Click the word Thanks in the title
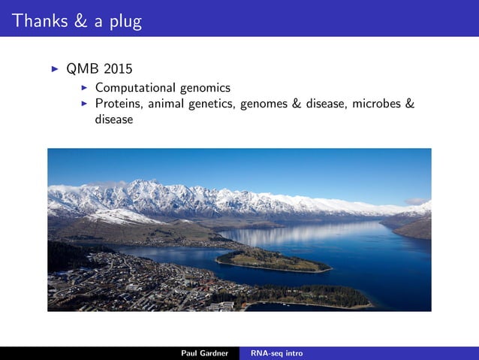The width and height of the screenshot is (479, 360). coord(39,21)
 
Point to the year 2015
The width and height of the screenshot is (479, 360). coord(119,71)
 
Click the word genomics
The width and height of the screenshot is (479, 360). coord(202,88)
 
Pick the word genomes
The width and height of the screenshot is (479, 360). coord(263,104)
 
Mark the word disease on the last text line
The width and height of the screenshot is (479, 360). coord(113,119)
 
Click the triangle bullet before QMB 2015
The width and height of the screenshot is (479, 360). coord(54,70)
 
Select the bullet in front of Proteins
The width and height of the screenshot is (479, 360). coord(85,103)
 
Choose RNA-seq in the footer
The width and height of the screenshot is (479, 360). coord(266,353)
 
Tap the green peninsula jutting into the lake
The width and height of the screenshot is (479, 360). coord(274,261)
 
